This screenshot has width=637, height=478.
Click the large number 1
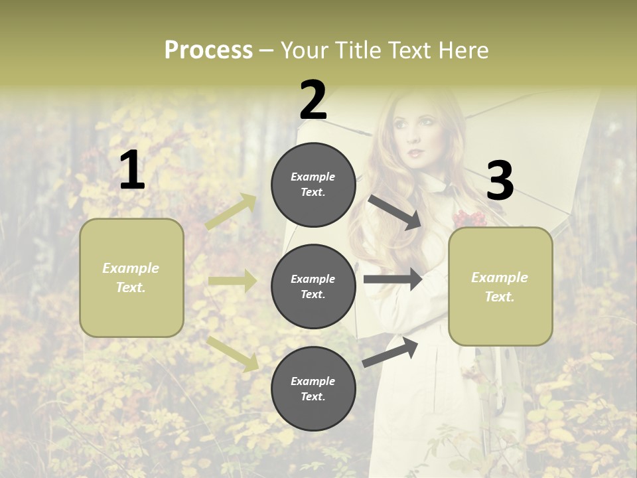tap(132, 170)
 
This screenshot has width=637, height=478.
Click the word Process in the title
tap(208, 50)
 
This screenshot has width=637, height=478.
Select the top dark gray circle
tap(313, 185)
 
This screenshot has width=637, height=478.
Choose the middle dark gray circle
tap(313, 287)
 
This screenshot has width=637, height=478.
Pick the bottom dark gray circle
tap(313, 388)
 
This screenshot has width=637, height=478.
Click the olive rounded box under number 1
tap(131, 278)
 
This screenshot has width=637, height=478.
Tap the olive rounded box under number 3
tap(500, 287)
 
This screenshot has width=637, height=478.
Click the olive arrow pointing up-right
tap(232, 211)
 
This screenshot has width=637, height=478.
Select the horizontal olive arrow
tap(232, 281)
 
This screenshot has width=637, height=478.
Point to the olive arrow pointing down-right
tap(233, 353)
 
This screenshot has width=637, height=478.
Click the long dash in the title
tap(267, 50)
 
